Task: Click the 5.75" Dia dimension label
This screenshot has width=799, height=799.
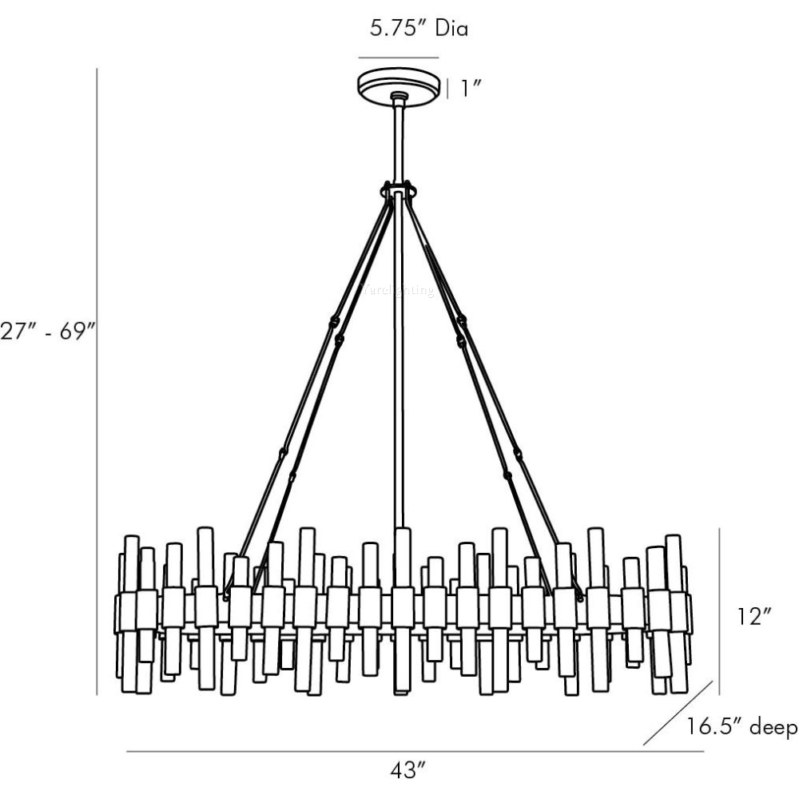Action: point(419,30)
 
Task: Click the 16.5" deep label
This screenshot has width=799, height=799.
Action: point(741,727)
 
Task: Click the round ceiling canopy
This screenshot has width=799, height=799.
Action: point(398,85)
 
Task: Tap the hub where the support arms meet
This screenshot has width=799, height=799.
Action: point(399,191)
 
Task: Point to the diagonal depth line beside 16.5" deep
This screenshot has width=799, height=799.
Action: point(678,713)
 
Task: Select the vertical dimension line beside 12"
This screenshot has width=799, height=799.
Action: point(719,610)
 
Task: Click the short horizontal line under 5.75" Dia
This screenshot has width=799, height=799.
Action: point(398,58)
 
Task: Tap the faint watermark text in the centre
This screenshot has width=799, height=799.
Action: point(398,291)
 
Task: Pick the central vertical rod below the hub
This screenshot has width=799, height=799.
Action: point(398,360)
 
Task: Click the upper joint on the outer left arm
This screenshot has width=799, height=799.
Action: point(332,322)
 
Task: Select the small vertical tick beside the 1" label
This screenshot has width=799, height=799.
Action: point(447,88)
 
